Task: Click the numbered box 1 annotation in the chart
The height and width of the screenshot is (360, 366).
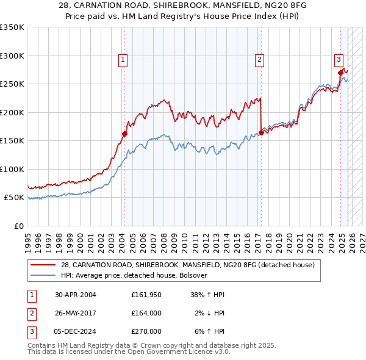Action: [x=123, y=59]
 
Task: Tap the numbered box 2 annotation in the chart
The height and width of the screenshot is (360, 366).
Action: [x=260, y=59]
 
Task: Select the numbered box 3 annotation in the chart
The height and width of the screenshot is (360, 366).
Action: [x=338, y=59]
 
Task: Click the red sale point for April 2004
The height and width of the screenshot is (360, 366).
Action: [x=124, y=134]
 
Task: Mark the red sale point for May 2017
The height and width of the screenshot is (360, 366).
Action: [x=261, y=132]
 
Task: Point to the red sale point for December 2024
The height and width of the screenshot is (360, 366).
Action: [x=340, y=73]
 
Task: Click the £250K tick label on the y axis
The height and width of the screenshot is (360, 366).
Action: [x=12, y=84]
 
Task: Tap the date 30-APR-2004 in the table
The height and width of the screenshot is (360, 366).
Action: [x=76, y=295]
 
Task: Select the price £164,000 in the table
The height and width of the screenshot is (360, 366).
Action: [x=146, y=313]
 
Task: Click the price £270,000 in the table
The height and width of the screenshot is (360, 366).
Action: [x=146, y=331]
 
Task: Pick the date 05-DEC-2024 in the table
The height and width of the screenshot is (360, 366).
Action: [x=76, y=331]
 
